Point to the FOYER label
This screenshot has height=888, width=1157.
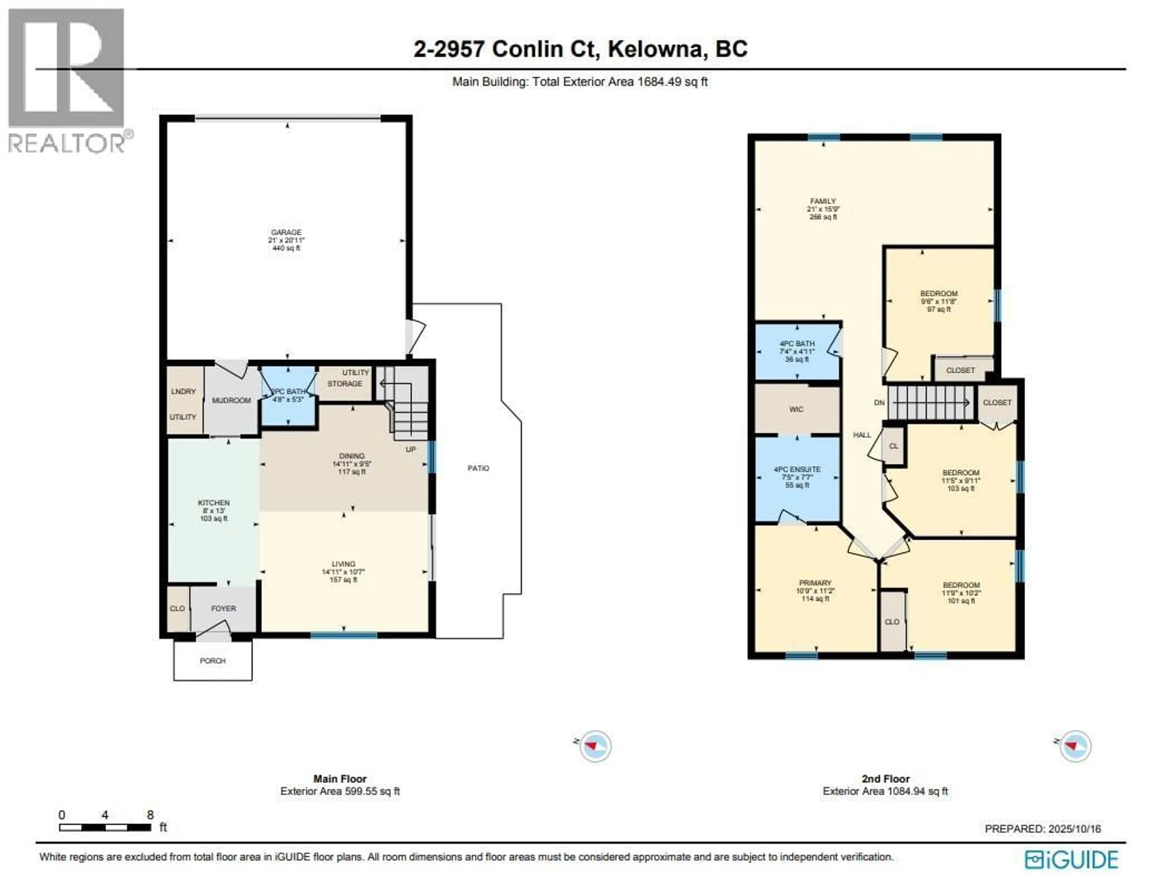224,608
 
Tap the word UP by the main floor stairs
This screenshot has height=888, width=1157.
410,449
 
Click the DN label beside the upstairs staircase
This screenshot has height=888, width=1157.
879,403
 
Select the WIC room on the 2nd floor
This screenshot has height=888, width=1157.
796,409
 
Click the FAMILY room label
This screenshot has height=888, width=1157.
823,201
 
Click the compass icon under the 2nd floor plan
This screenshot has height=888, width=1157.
1074,746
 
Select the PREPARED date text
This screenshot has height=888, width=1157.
1043,829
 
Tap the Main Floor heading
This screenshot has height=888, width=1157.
340,779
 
